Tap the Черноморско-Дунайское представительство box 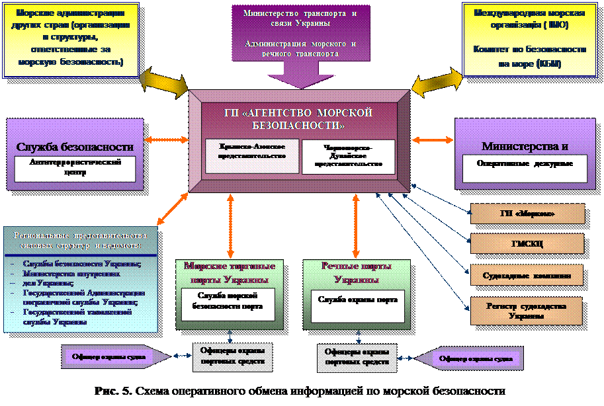tap(348, 157)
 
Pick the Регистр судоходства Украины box tap(527, 310)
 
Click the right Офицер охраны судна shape tap(472, 358)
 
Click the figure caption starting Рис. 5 tap(302, 390)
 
